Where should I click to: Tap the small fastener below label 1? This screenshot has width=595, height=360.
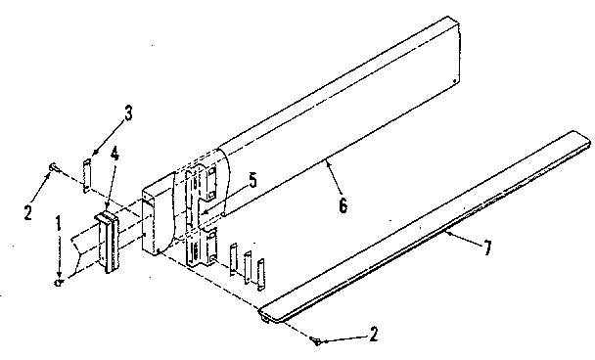pyautogui.click(x=60, y=282)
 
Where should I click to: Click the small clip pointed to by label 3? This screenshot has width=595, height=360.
pyautogui.click(x=87, y=175)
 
